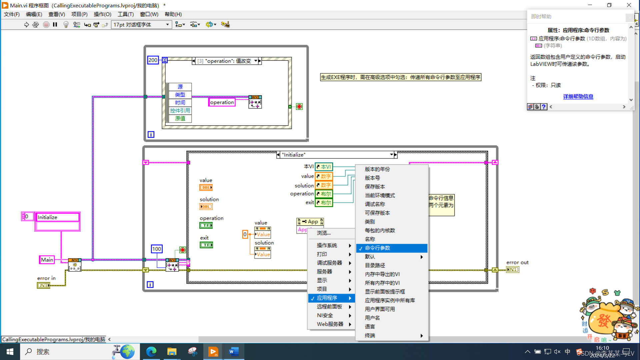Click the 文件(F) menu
click(x=12, y=14)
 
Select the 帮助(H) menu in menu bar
click(x=173, y=14)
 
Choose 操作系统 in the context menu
click(x=327, y=245)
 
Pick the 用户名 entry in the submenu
click(x=372, y=318)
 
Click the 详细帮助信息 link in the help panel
click(x=578, y=97)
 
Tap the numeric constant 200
click(x=153, y=60)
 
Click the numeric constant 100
click(x=157, y=249)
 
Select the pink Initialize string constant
click(x=57, y=217)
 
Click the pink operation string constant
click(x=222, y=102)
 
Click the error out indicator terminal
click(x=512, y=270)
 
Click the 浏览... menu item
click(x=323, y=233)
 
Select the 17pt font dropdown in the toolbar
click(x=141, y=25)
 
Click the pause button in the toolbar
click(x=55, y=25)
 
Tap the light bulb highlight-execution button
click(x=66, y=25)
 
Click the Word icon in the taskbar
click(x=234, y=352)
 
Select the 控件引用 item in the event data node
click(x=180, y=111)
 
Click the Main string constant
click(x=47, y=260)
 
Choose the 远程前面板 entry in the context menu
click(x=329, y=307)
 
